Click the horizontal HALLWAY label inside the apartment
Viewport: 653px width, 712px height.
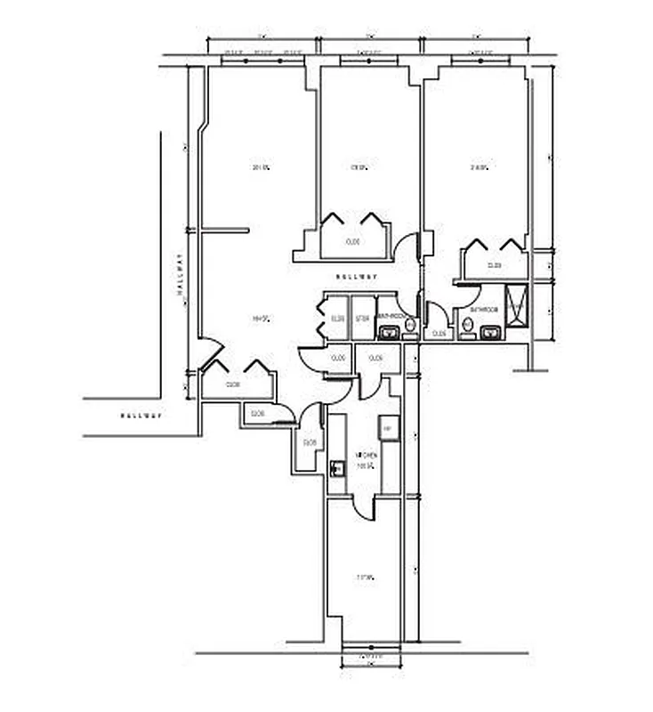(x=356, y=277)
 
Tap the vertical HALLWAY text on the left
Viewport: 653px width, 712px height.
(x=179, y=275)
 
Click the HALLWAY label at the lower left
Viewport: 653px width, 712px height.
(x=142, y=416)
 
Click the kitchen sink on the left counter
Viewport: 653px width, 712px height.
(x=337, y=467)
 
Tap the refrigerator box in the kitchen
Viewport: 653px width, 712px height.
(x=388, y=428)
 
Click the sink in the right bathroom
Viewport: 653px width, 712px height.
(x=488, y=333)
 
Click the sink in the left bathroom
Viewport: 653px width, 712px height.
(x=388, y=333)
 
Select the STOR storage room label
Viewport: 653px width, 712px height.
(x=362, y=319)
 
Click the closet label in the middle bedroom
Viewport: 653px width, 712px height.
(x=352, y=241)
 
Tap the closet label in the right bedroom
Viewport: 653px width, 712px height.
(x=494, y=265)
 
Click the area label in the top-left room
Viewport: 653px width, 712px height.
(x=260, y=167)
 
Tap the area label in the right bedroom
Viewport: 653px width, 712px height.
(x=479, y=167)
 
